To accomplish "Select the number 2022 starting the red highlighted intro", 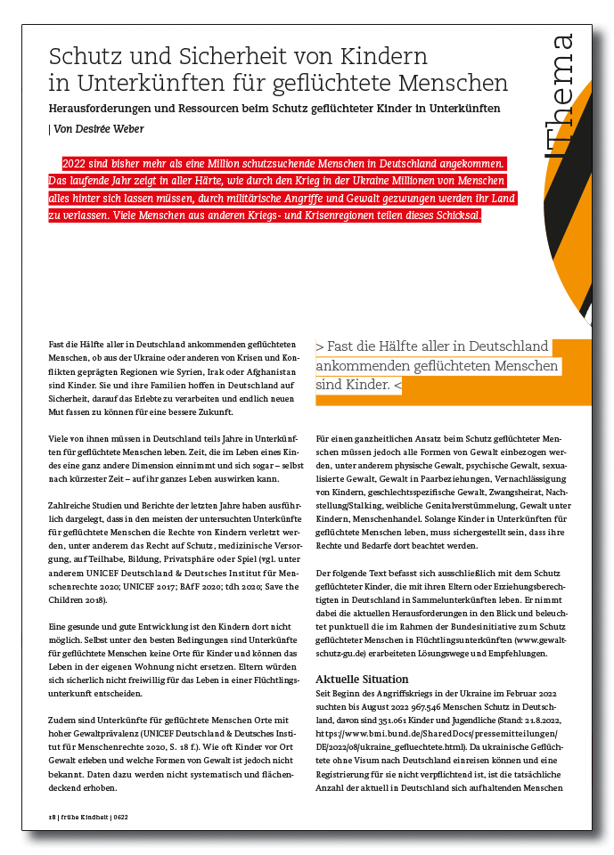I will [77, 164].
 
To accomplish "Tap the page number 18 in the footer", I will [53, 816].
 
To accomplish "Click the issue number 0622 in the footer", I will [120, 816].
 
